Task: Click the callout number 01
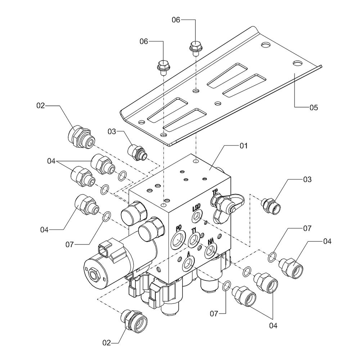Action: tap(244, 145)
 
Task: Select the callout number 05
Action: tap(314, 107)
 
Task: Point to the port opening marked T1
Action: tap(194, 240)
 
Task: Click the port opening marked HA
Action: tap(211, 251)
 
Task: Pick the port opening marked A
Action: tap(188, 263)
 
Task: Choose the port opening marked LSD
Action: tap(197, 216)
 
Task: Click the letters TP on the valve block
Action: tap(215, 192)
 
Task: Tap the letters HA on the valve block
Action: tap(211, 241)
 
